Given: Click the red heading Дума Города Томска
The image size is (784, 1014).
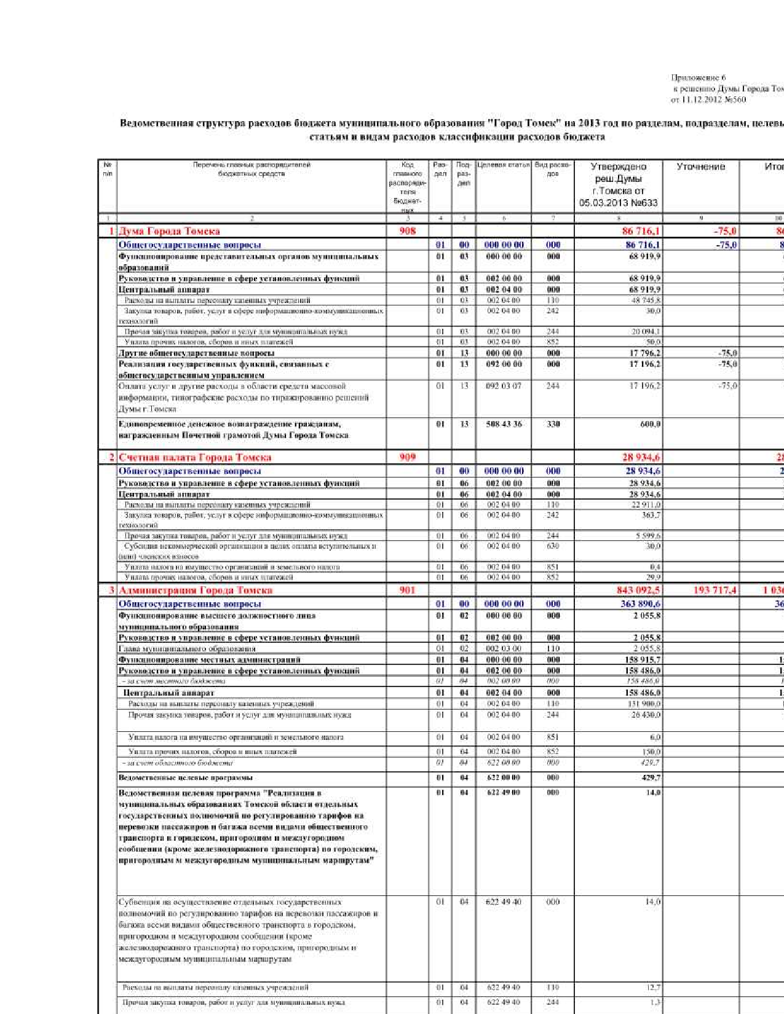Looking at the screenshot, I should coord(169,231).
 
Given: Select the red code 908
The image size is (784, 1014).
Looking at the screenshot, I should coord(408,231).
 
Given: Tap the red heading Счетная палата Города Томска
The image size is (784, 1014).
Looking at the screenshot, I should coord(195,457).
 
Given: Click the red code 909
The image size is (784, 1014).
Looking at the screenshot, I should coord(407,457).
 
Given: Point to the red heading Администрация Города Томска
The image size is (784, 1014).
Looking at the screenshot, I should coord(196,591).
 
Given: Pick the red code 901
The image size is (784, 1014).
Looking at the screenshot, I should coord(407,591).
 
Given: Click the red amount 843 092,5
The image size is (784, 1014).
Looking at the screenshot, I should coord(638,591).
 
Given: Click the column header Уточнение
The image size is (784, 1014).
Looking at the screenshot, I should coord(700,167).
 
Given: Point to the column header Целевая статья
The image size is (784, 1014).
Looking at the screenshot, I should coord(503,165).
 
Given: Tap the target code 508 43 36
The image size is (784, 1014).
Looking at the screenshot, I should coord(504,424).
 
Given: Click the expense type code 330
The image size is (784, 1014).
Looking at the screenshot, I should coord(553,424).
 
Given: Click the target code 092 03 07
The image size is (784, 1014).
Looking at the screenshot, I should coord(504,386).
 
